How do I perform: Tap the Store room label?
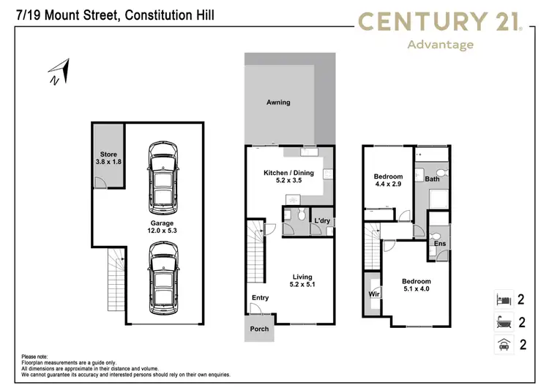pos(108,158)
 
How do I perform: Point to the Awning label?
pos(278,102)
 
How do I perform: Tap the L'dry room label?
pos(322,220)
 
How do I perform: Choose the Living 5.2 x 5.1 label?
pos(302,281)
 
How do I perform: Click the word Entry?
pos(260,298)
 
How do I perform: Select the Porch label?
pos(259,329)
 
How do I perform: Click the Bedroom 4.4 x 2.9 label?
pos(388,181)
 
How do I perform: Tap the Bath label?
pos(432,179)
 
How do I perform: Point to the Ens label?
pos(440,244)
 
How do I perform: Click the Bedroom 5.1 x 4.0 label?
pos(416,286)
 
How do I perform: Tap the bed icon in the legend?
pos(502,299)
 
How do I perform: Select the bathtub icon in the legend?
pos(502,322)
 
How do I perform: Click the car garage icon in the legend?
pos(502,345)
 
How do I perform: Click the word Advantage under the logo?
pos(441,45)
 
